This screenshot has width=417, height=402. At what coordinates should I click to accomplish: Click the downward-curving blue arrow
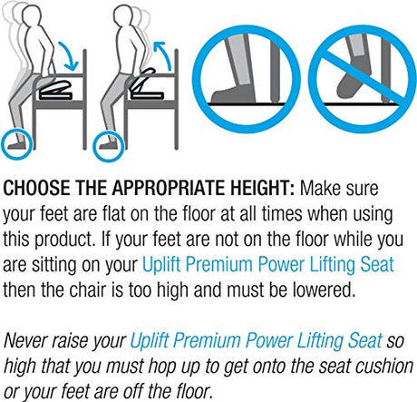click(x=70, y=54)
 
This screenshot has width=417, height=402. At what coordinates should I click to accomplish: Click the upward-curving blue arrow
click(x=163, y=54)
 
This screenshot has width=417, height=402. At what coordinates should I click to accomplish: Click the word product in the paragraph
click(x=63, y=239)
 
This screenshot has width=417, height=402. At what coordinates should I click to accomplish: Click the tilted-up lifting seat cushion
click(x=143, y=80)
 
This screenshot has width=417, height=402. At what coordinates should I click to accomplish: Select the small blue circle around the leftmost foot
click(x=16, y=144)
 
